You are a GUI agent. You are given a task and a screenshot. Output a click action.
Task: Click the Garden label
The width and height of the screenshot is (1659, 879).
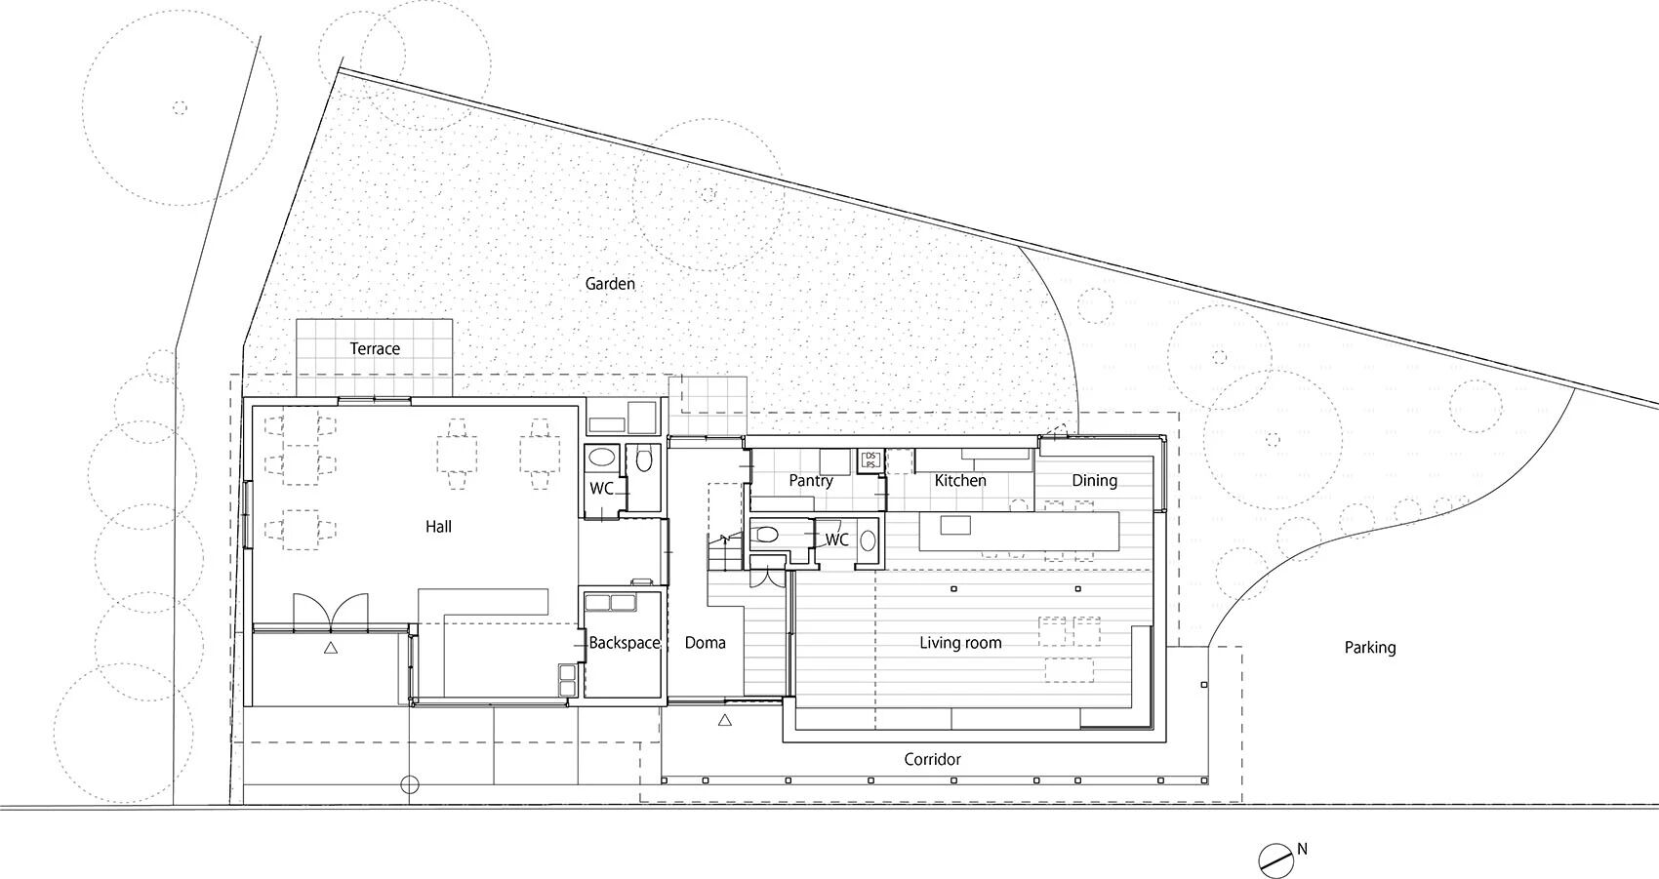pyautogui.click(x=610, y=284)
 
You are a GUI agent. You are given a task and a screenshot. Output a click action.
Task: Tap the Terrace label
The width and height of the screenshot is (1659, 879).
pyautogui.click(x=375, y=348)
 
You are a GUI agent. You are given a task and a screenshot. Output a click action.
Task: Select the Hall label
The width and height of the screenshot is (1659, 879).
pyautogui.click(x=438, y=527)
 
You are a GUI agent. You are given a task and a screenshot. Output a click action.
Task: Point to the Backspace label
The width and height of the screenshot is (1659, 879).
pyautogui.click(x=625, y=643)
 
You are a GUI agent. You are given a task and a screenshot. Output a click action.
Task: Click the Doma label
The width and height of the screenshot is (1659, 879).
pyautogui.click(x=705, y=643)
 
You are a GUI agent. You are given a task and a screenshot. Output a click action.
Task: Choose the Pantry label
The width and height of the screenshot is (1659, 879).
pyautogui.click(x=811, y=481)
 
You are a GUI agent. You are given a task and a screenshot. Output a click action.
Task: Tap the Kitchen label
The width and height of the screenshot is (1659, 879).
pyautogui.click(x=960, y=481)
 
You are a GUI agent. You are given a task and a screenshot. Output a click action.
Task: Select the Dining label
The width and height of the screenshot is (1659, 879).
pyautogui.click(x=1094, y=480)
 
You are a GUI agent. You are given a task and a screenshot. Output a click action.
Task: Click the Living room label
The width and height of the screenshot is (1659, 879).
pyautogui.click(x=960, y=643)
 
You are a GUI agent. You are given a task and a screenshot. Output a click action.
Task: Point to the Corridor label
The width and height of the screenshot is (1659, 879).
pyautogui.click(x=932, y=759)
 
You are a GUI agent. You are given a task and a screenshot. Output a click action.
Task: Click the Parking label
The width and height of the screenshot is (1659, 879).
pyautogui.click(x=1370, y=647)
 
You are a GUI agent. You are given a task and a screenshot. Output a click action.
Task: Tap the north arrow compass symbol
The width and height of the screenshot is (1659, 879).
pyautogui.click(x=1274, y=859)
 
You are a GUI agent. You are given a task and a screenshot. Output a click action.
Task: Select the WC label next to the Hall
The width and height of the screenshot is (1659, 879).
pyautogui.click(x=601, y=488)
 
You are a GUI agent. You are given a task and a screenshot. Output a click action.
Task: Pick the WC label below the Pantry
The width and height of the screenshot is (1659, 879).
pyautogui.click(x=837, y=539)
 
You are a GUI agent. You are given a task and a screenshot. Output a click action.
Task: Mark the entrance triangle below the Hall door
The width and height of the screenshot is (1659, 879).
pyautogui.click(x=331, y=647)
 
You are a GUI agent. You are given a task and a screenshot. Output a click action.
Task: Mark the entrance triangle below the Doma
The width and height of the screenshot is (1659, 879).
pyautogui.click(x=725, y=721)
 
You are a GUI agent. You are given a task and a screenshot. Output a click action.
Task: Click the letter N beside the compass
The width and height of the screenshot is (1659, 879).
pyautogui.click(x=1302, y=849)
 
